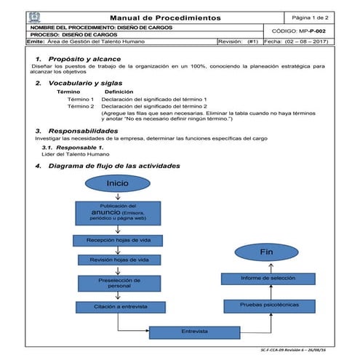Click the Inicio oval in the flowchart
[117, 183]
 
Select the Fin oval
[266, 252]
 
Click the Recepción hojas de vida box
[117, 239]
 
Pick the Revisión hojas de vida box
[117, 260]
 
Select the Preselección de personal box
[117, 282]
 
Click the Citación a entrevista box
[117, 307]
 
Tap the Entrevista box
[195, 332]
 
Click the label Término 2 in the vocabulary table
[81, 106]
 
